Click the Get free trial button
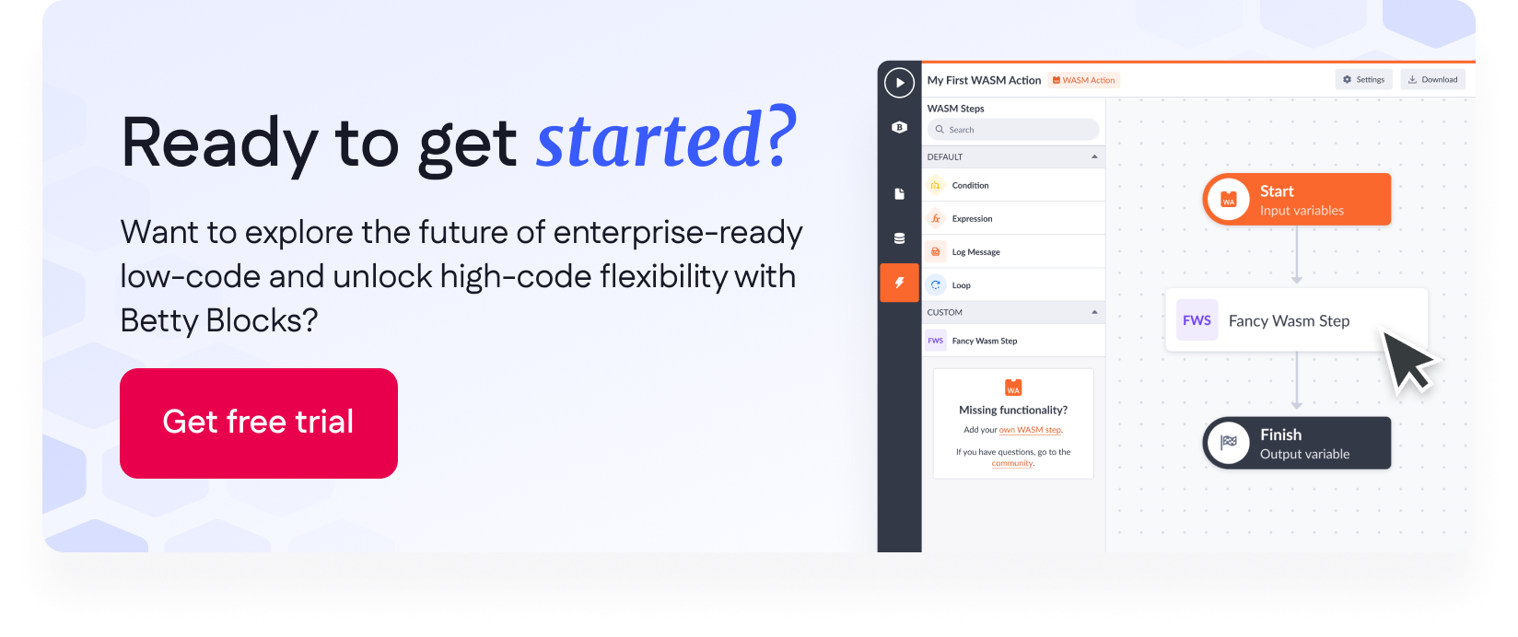click(x=258, y=423)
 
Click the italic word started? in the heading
click(x=665, y=140)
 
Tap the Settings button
click(x=1363, y=79)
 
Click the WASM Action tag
click(x=1083, y=80)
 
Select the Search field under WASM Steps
click(x=1013, y=129)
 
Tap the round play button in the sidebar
click(x=899, y=83)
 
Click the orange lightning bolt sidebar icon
click(x=899, y=283)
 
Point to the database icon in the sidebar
click(x=899, y=238)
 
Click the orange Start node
click(x=1296, y=200)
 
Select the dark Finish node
click(x=1296, y=443)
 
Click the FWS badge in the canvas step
click(x=1197, y=320)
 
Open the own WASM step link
click(x=1030, y=430)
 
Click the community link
click(x=1011, y=464)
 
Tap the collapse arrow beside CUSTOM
click(x=1094, y=312)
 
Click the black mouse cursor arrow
click(x=1409, y=360)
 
